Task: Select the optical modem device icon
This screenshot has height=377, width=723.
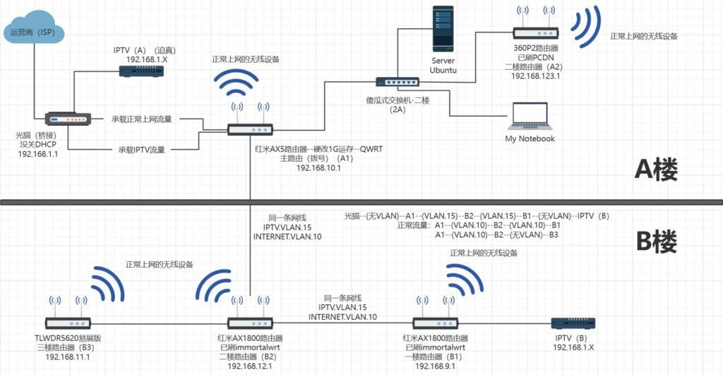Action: [68, 120]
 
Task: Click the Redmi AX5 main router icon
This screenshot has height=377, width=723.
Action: [250, 129]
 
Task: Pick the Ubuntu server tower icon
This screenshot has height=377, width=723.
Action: [443, 30]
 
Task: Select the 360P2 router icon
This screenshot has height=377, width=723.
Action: [535, 31]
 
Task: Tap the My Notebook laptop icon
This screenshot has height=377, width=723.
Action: [529, 117]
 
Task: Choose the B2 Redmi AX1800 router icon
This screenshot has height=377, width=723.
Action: [250, 323]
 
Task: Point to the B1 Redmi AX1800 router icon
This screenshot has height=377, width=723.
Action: [436, 323]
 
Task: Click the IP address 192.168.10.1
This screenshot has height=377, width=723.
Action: [319, 168]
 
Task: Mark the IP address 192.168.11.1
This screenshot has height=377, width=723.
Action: [68, 357]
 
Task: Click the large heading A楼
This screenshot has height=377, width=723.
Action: [656, 170]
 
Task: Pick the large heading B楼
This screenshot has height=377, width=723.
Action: [656, 242]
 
